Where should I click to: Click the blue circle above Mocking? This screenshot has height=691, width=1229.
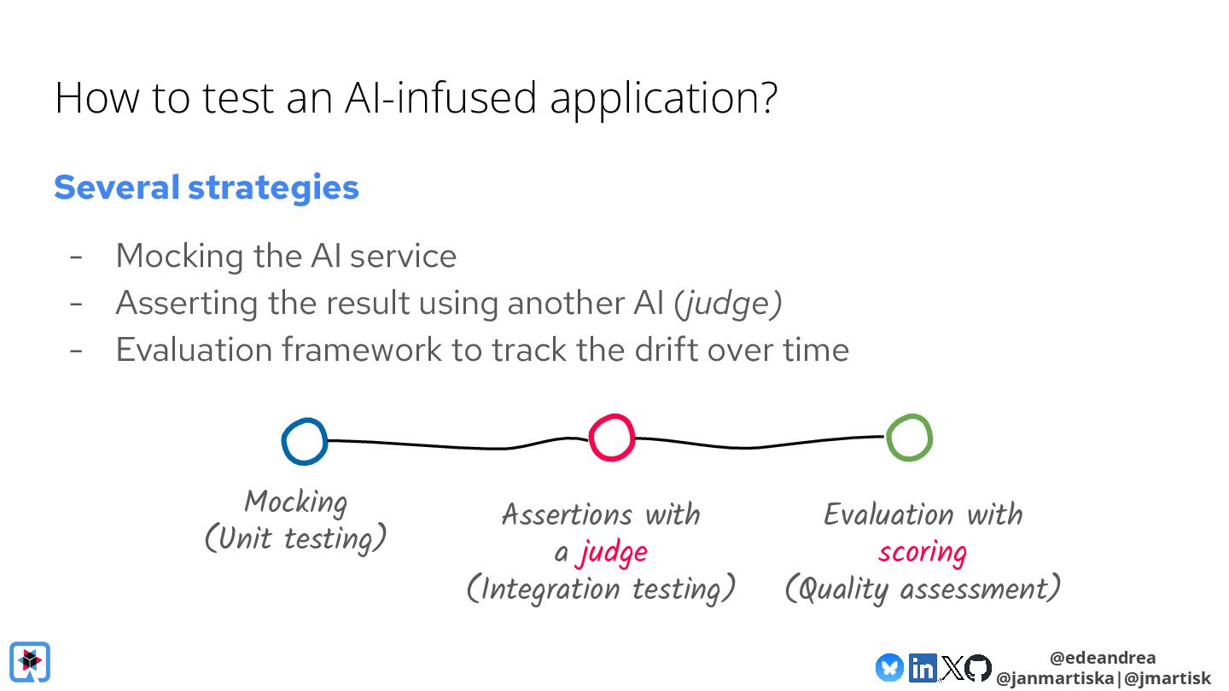[x=304, y=442]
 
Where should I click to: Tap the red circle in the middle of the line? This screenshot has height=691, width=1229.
[x=611, y=438]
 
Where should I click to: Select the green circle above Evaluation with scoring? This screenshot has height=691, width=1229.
[x=909, y=438]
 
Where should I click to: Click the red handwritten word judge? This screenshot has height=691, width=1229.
[x=612, y=553]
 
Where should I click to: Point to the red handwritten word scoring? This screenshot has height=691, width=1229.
[x=922, y=552]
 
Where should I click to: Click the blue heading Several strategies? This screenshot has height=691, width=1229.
[x=207, y=188]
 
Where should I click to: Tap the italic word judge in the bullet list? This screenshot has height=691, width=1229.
[x=728, y=303]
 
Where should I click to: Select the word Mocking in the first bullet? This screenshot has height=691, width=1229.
[x=180, y=256]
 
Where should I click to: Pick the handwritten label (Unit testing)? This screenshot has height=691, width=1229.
[x=295, y=539]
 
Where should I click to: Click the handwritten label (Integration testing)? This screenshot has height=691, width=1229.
[x=601, y=589]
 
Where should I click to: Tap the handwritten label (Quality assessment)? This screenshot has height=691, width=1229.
[x=923, y=589]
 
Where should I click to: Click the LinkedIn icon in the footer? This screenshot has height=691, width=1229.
[x=922, y=668]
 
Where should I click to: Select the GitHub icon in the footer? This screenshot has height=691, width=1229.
[x=978, y=668]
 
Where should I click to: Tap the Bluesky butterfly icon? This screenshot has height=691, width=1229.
[x=889, y=668]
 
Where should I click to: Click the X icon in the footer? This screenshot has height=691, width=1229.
[x=951, y=668]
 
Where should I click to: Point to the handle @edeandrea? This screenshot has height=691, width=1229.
[x=1103, y=658]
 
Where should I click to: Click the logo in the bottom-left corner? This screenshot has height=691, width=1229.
[x=30, y=662]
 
